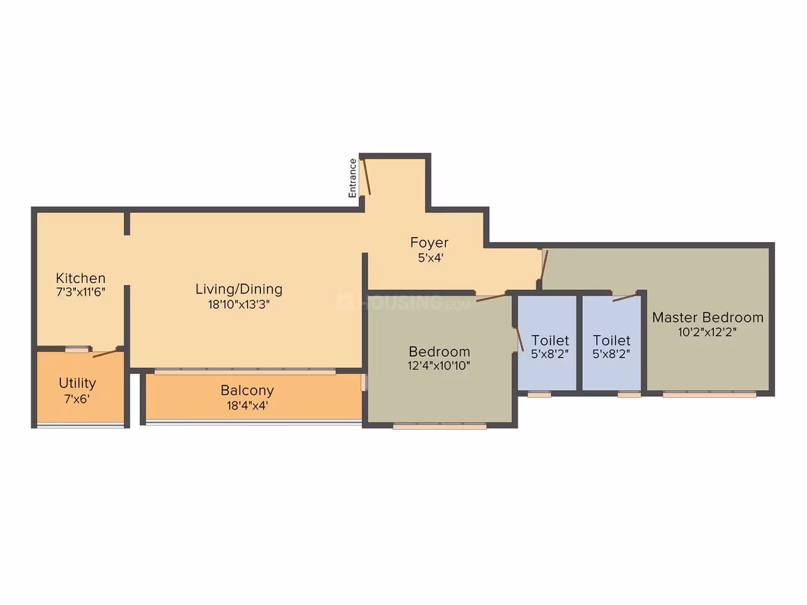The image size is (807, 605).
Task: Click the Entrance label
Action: point(353,178)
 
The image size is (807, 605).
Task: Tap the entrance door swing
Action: point(367,177)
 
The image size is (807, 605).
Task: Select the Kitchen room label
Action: point(81,278)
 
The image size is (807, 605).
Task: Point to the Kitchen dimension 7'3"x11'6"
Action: point(81,292)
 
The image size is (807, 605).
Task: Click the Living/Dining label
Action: point(239,289)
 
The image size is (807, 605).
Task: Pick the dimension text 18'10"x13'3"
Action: point(239,305)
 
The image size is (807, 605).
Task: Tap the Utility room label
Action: point(77,383)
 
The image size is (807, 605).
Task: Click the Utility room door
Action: point(106,353)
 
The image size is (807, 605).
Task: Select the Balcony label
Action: point(247,391)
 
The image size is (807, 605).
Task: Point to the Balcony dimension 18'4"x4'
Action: point(247,405)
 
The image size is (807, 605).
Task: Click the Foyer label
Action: point(429,243)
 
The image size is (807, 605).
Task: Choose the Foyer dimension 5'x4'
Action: point(430,258)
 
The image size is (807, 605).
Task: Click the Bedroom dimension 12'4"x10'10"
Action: point(439,366)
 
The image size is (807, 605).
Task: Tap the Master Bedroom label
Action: point(708,317)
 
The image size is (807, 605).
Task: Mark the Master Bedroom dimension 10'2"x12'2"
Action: point(707,332)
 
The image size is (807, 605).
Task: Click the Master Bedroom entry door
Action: point(544,265)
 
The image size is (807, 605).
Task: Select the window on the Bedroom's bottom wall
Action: point(440,426)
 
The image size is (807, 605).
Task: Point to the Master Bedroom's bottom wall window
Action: point(709,394)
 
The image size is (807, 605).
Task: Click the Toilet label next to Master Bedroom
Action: point(612,341)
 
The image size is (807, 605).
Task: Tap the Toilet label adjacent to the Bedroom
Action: point(550,341)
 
